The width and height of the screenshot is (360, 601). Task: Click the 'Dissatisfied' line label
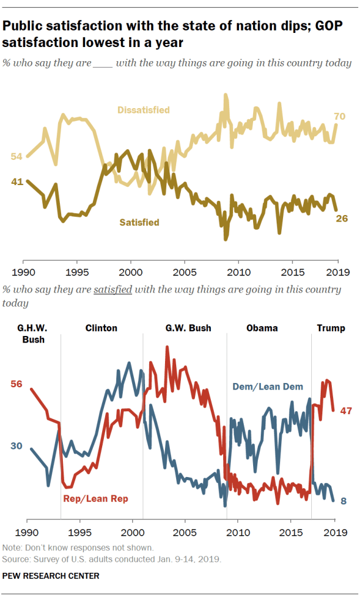pyautogui.click(x=143, y=110)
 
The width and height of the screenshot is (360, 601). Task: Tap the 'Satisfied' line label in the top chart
pyautogui.click(x=139, y=222)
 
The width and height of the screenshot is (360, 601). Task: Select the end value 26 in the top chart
pyautogui.click(x=342, y=218)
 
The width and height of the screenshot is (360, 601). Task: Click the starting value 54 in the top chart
pyautogui.click(x=16, y=156)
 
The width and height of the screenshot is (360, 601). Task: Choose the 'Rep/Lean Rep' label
pyautogui.click(x=95, y=498)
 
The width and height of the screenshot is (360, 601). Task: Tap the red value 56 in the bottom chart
pyautogui.click(x=16, y=384)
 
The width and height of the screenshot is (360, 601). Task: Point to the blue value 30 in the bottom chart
pyautogui.click(x=16, y=446)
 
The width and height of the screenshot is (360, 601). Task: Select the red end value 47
pyautogui.click(x=345, y=411)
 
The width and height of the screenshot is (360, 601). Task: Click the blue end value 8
pyautogui.click(x=344, y=501)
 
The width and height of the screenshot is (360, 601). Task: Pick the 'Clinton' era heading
pyautogui.click(x=101, y=328)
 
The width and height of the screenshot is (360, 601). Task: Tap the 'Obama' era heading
pyautogui.click(x=262, y=328)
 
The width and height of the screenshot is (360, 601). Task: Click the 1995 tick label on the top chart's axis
pyautogui.click(x=77, y=272)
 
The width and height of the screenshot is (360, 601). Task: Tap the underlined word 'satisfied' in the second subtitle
pyautogui.click(x=112, y=290)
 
